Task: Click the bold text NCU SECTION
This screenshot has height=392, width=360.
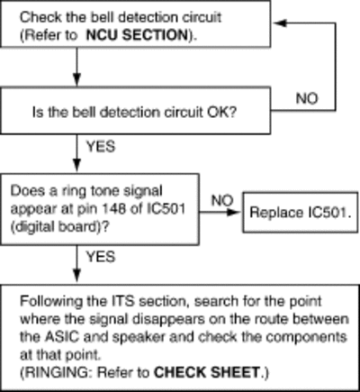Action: [x=137, y=35]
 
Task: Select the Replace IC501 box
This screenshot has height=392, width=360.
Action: [x=300, y=213]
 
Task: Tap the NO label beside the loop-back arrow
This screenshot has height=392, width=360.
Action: [x=307, y=98]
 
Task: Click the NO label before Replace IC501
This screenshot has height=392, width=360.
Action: [x=222, y=200]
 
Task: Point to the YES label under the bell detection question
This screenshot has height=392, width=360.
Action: [x=101, y=147]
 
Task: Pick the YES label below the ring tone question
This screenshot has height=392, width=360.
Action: [x=101, y=257]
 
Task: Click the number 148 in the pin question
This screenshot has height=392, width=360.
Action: [x=118, y=208]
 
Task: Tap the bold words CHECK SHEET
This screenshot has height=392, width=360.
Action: [x=206, y=372]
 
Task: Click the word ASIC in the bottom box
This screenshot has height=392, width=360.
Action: [x=62, y=337]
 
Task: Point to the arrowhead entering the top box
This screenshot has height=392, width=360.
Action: [x=280, y=23]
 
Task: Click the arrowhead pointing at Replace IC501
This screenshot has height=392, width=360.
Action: [x=234, y=213]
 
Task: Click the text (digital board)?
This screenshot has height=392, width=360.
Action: [x=59, y=227]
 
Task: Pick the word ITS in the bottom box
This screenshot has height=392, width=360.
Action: [x=126, y=301]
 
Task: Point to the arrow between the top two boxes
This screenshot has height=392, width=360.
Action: [x=77, y=67]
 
